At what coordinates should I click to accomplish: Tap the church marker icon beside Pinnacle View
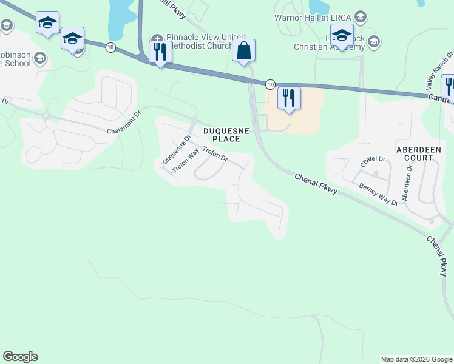[x=157, y=38]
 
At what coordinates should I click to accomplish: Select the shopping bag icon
[x=243, y=50]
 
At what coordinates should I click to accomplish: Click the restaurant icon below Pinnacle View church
[x=160, y=52]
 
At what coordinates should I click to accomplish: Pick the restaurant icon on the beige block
[x=289, y=98]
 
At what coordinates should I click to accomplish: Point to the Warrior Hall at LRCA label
[x=313, y=17]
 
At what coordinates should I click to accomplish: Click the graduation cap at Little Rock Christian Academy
[x=342, y=35]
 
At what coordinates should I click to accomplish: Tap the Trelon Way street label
[x=186, y=162]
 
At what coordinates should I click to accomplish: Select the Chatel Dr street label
[x=373, y=161]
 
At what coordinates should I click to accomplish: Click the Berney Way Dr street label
[x=378, y=194]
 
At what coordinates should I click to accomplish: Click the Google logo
[x=20, y=357]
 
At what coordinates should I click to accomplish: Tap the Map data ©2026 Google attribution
[x=416, y=359]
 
